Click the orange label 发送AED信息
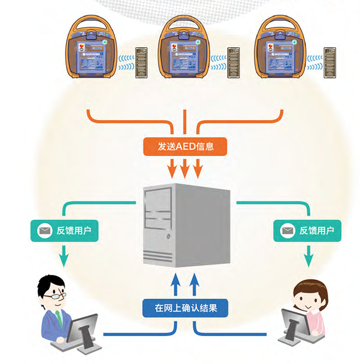pyautogui.click(x=185, y=146)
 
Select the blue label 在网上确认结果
pyautogui.click(x=185, y=308)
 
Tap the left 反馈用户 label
pyautogui.click(x=63, y=231)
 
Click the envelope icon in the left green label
pyautogui.click(x=44, y=231)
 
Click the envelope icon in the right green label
pyautogui.click(x=288, y=231)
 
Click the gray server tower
pyautogui.click(x=186, y=225)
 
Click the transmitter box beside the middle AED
pyautogui.click(x=234, y=62)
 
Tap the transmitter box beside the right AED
pyautogui.click(x=329, y=62)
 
